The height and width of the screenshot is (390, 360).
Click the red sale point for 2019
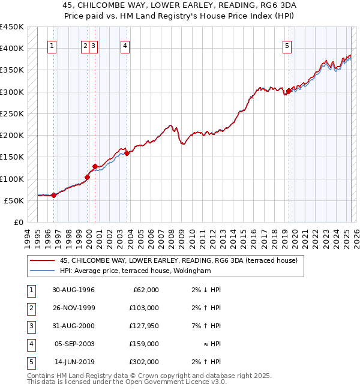pos(289,91)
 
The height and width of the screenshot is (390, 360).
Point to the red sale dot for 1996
pos(54,195)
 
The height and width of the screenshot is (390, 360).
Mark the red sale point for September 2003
pos(127,153)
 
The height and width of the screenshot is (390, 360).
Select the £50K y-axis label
pos(14,200)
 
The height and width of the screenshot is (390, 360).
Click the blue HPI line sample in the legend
pos(42,271)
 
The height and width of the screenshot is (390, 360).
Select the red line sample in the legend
pos(42,260)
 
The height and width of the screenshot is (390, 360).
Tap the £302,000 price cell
pos(144,362)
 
